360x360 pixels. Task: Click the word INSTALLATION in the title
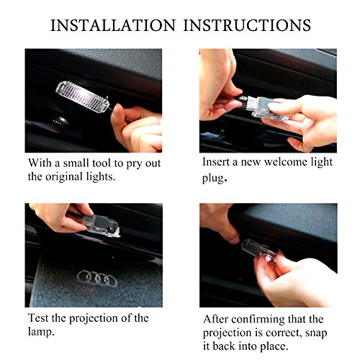113,25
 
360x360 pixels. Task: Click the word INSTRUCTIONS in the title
247,25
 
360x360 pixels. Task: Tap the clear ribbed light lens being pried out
83,96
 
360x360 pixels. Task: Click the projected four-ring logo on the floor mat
97,279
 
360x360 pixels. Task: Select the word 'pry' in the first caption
134,164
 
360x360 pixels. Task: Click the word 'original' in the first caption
64,177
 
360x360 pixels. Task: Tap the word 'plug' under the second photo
213,179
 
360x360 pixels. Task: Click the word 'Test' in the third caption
38,318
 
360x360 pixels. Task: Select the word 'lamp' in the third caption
40,332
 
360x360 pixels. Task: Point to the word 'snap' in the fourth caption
316,333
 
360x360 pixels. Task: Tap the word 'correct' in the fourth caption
284,333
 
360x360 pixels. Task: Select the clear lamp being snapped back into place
260,250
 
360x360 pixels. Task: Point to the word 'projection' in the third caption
94,319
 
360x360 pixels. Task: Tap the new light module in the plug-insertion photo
264,108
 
